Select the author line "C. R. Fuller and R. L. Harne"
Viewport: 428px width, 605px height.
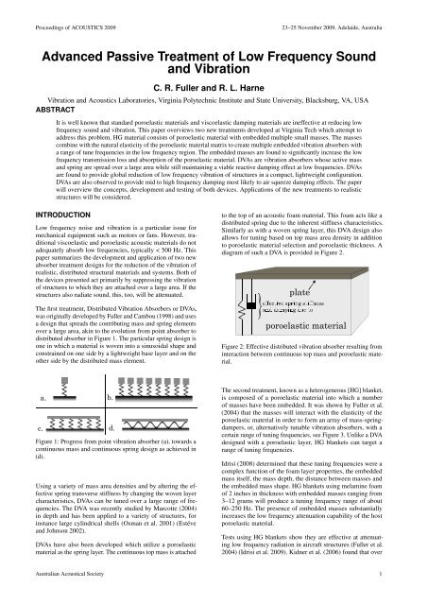[214, 78]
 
